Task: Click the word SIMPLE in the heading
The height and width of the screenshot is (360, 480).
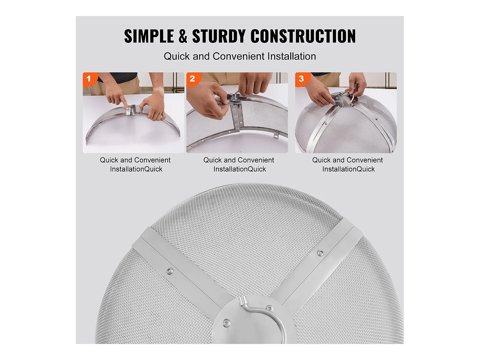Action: tap(149, 36)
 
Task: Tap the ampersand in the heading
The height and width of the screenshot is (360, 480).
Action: tap(183, 36)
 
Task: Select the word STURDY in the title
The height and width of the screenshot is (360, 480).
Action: tap(219, 36)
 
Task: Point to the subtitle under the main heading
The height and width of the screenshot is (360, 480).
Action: tap(240, 56)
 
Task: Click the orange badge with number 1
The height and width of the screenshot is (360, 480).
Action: tap(89, 79)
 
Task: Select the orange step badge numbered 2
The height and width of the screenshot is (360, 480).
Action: tap(192, 79)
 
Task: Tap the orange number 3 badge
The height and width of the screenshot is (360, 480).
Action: tap(301, 79)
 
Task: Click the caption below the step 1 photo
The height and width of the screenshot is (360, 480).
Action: tap(135, 164)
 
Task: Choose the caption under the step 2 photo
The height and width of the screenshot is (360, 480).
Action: tap(239, 164)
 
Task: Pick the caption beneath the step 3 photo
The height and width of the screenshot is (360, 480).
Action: tap(348, 164)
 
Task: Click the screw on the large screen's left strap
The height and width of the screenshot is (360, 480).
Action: tap(170, 271)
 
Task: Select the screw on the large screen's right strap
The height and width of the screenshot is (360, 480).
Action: tap(320, 253)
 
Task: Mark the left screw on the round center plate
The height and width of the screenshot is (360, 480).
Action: tap(227, 322)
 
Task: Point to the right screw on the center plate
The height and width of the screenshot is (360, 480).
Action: tap(270, 308)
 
